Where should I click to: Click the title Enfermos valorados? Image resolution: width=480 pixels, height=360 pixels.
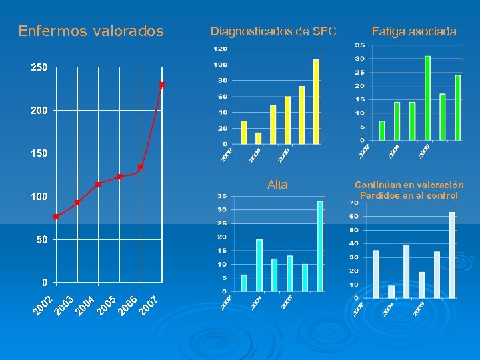pyautogui.click(x=91, y=31)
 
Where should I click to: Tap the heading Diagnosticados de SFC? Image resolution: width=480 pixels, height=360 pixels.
pyautogui.click(x=273, y=31)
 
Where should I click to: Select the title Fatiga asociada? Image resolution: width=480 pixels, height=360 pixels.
pyautogui.click(x=414, y=31)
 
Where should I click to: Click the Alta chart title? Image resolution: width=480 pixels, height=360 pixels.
pyautogui.click(x=277, y=185)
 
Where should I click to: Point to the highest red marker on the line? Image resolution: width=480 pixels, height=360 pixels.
pyautogui.click(x=162, y=85)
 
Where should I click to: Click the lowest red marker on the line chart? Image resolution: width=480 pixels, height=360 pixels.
pyautogui.click(x=56, y=217)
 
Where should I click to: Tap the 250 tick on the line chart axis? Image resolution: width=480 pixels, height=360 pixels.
pyautogui.click(x=39, y=68)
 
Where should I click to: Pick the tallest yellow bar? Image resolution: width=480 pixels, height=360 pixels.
pyautogui.click(x=317, y=101)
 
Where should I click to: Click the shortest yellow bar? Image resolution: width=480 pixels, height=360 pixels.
pyautogui.click(x=258, y=138)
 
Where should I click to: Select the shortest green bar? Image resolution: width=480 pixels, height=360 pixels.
pyautogui.click(x=382, y=131)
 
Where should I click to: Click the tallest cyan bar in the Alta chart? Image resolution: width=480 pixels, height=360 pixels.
pyautogui.click(x=320, y=247)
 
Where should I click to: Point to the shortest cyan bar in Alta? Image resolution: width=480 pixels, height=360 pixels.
pyautogui.click(x=244, y=283)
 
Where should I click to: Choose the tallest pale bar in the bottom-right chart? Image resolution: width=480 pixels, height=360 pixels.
pyautogui.click(x=452, y=255)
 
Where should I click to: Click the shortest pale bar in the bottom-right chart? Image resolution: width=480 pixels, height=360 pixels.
pyautogui.click(x=391, y=291)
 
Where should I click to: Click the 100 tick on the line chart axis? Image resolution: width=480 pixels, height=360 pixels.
pyautogui.click(x=39, y=197)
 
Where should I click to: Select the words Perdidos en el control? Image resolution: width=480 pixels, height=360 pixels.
pyautogui.click(x=409, y=195)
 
